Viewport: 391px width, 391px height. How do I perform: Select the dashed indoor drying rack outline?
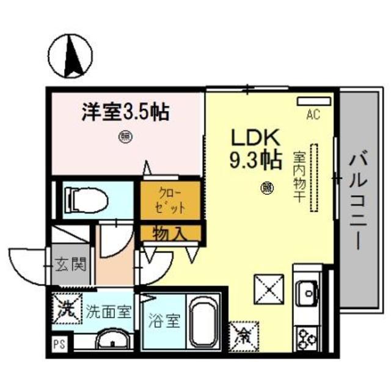point(315,177)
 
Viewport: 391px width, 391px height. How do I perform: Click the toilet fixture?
point(86,199)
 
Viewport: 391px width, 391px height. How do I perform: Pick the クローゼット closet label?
point(171,199)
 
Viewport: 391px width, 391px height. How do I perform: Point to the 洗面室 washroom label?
point(108,311)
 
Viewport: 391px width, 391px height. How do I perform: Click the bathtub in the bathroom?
point(205,323)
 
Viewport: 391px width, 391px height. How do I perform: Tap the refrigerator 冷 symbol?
point(243,334)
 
